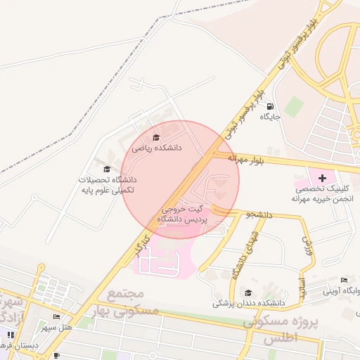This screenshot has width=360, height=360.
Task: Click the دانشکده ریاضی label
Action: (x=156, y=149)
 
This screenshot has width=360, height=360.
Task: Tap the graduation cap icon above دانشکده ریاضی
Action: (x=156, y=137)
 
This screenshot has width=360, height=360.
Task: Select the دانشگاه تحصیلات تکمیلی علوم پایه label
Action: (x=107, y=185)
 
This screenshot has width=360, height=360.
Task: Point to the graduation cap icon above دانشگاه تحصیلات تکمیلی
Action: (x=107, y=169)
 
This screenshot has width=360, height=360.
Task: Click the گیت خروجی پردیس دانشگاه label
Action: (x=181, y=214)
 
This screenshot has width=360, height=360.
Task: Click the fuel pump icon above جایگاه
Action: (x=271, y=106)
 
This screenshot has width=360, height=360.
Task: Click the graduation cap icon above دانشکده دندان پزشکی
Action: (x=247, y=292)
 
